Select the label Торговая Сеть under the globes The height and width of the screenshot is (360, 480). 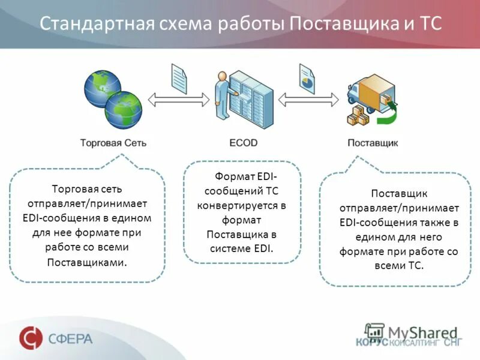tap(113, 143)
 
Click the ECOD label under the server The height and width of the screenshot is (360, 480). tap(243, 143)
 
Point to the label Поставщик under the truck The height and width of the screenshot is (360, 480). tap(373, 143)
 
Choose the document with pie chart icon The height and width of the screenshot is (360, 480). tap(306, 78)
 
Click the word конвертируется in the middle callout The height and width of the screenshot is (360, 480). tap(242, 205)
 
